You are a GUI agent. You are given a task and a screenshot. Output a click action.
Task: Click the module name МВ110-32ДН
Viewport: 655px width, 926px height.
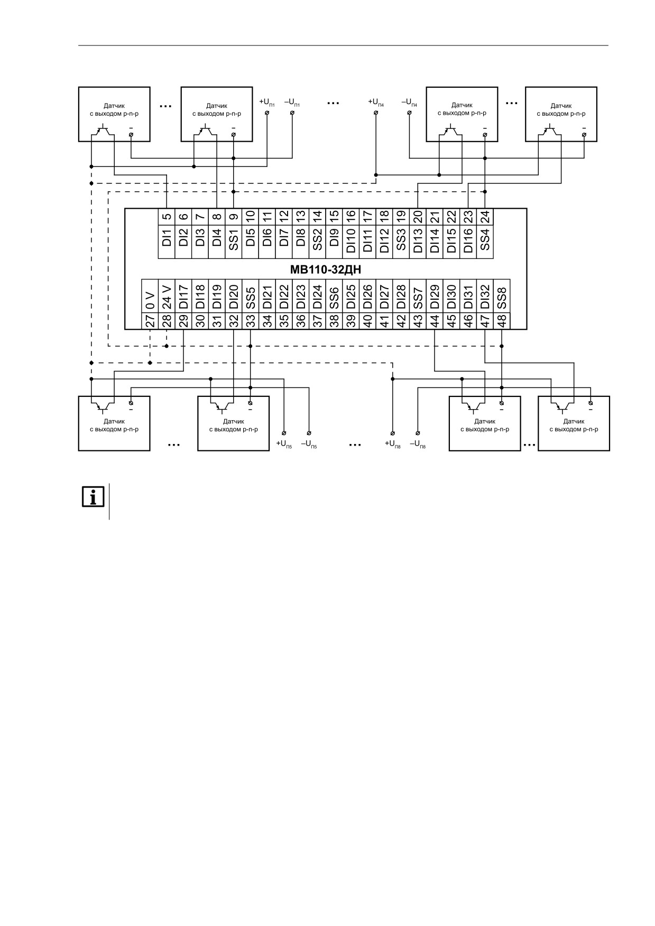pyautogui.click(x=326, y=269)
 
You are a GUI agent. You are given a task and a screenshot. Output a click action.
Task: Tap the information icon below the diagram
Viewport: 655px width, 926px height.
pyautogui.click(x=93, y=497)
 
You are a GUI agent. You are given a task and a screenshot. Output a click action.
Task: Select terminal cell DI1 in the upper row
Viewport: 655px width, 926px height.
pyautogui.click(x=167, y=242)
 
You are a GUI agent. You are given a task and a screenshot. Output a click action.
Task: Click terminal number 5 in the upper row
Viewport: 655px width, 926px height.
pyautogui.click(x=167, y=217)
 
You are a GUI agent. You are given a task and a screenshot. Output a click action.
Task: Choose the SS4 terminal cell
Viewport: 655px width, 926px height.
pyautogui.click(x=485, y=242)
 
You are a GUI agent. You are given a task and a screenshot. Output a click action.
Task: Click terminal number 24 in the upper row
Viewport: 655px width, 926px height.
pyautogui.click(x=485, y=217)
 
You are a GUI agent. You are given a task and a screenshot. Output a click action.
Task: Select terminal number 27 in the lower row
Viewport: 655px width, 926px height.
pyautogui.click(x=150, y=321)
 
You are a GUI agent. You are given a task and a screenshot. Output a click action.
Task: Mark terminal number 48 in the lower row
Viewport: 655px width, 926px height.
pyautogui.click(x=502, y=321)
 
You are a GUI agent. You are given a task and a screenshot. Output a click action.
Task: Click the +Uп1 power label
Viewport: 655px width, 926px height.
pyautogui.click(x=267, y=102)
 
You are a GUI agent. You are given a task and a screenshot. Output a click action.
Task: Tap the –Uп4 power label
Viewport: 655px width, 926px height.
pyautogui.click(x=410, y=102)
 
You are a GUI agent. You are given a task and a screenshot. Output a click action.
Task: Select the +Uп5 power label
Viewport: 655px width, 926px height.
pyautogui.click(x=284, y=445)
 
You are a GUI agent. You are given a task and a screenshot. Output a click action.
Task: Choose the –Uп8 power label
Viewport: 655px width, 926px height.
pyautogui.click(x=418, y=445)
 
